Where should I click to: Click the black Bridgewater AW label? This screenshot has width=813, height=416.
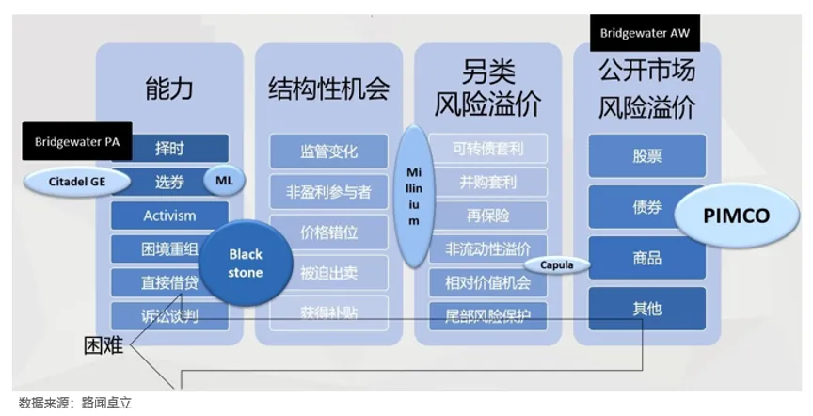coord(645,33)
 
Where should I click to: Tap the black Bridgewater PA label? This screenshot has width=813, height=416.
coord(76,142)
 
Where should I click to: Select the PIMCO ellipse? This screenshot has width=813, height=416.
coord(736,216)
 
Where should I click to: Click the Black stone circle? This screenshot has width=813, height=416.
coord(246,264)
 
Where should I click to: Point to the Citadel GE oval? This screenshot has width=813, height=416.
coord(77,182)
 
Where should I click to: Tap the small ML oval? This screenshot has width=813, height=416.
coord(223,181)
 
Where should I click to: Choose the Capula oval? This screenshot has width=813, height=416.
coord(556,265)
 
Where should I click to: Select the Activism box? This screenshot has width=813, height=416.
coord(169,216)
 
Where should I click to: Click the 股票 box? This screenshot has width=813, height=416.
coord(646,156)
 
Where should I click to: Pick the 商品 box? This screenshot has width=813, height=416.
coord(646,258)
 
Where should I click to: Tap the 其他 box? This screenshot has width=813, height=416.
coord(646,309)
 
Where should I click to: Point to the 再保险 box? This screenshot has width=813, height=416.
coord(487,215)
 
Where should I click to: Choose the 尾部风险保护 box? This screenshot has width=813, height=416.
coord(487,315)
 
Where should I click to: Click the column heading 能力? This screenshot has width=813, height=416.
coord(169,89)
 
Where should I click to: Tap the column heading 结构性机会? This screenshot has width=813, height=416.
coord(328,89)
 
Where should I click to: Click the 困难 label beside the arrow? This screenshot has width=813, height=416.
coord(104,345)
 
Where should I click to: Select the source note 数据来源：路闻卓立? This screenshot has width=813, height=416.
coord(75,403)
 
